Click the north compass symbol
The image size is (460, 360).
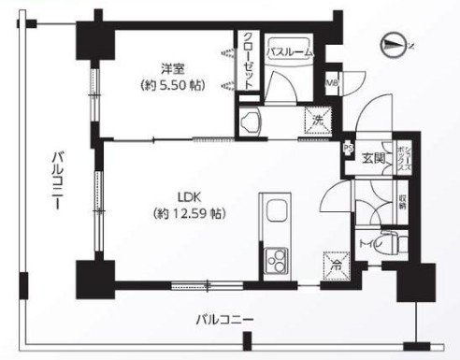point(395,41)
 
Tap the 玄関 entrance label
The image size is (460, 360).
point(373,156)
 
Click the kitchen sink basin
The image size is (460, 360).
point(278,214)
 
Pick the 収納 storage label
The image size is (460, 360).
point(403,203)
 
